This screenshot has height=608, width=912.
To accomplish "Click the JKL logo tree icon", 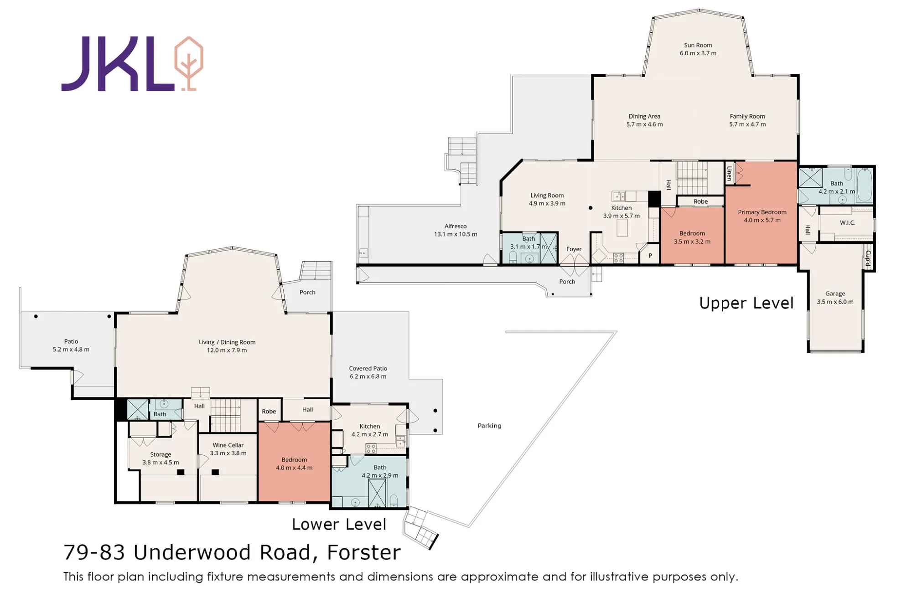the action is [x=189, y=63].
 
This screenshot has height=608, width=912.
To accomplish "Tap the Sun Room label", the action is [x=698, y=45].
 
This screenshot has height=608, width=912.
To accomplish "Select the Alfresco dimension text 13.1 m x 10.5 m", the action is [x=456, y=234].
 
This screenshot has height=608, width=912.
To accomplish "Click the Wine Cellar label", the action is [x=228, y=445].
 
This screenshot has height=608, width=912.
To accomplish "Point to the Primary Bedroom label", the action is [x=762, y=212].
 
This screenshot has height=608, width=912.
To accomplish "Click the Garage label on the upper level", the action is [x=835, y=294].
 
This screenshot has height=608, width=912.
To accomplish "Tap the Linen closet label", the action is [x=729, y=174].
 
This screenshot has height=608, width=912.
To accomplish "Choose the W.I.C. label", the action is [x=847, y=223].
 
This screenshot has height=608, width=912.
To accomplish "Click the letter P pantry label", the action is [x=650, y=256].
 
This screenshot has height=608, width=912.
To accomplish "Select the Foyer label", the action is [x=574, y=249].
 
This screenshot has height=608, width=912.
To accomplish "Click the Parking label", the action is [x=489, y=426].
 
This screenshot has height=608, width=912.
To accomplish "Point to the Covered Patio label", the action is [x=368, y=368].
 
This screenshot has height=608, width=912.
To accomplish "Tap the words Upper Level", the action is [x=746, y=303].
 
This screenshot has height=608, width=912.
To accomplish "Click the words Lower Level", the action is [x=339, y=524].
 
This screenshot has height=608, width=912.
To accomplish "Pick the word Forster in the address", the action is [x=364, y=552].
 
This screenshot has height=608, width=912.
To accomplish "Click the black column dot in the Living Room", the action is [x=591, y=208].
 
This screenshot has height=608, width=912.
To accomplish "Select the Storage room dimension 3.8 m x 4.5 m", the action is [x=161, y=463].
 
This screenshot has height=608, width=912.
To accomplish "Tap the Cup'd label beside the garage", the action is [x=868, y=258].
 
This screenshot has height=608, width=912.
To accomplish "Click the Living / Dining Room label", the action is [x=227, y=342].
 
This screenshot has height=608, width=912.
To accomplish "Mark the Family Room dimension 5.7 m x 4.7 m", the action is [x=747, y=124].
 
